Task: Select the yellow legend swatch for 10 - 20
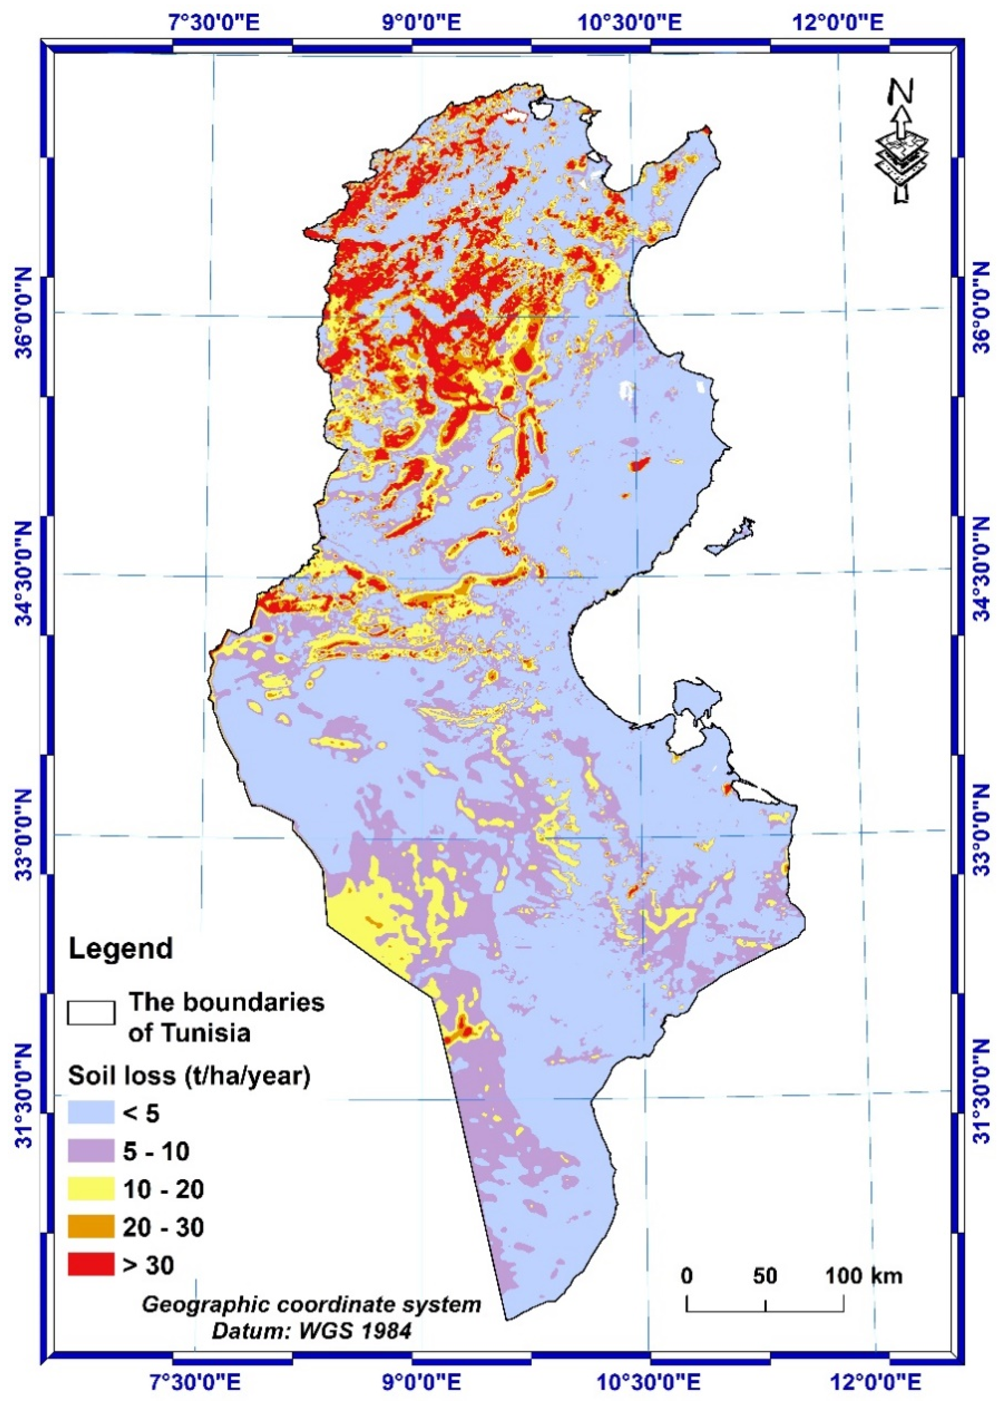click(91, 1189)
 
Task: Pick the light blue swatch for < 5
click(91, 1113)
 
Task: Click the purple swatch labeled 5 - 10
click(91, 1151)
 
